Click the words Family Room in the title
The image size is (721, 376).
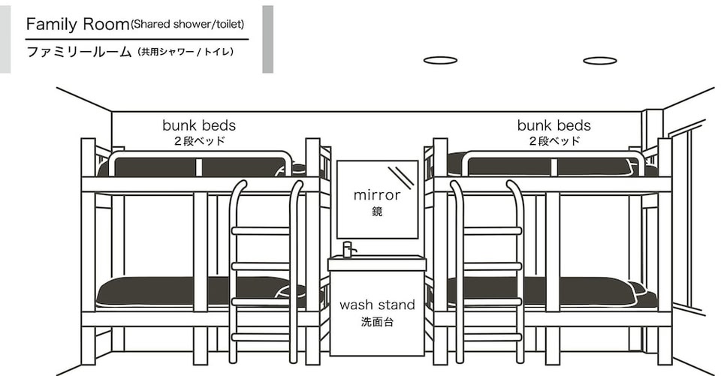point(77,25)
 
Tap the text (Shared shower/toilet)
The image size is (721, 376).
point(187,25)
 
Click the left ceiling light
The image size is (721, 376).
point(440,60)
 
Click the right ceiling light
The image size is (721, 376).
point(599,61)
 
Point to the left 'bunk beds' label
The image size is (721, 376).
point(199,125)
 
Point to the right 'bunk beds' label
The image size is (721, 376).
point(554,125)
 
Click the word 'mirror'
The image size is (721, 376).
point(376,195)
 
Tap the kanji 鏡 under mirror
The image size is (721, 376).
point(377,212)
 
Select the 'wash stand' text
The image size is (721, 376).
point(377,305)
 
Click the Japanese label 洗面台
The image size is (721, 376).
point(377,323)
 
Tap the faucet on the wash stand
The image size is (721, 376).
point(348,249)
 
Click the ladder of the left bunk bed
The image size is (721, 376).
point(266,263)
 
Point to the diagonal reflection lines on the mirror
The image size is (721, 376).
point(403,178)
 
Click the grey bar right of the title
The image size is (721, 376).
point(267,39)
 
